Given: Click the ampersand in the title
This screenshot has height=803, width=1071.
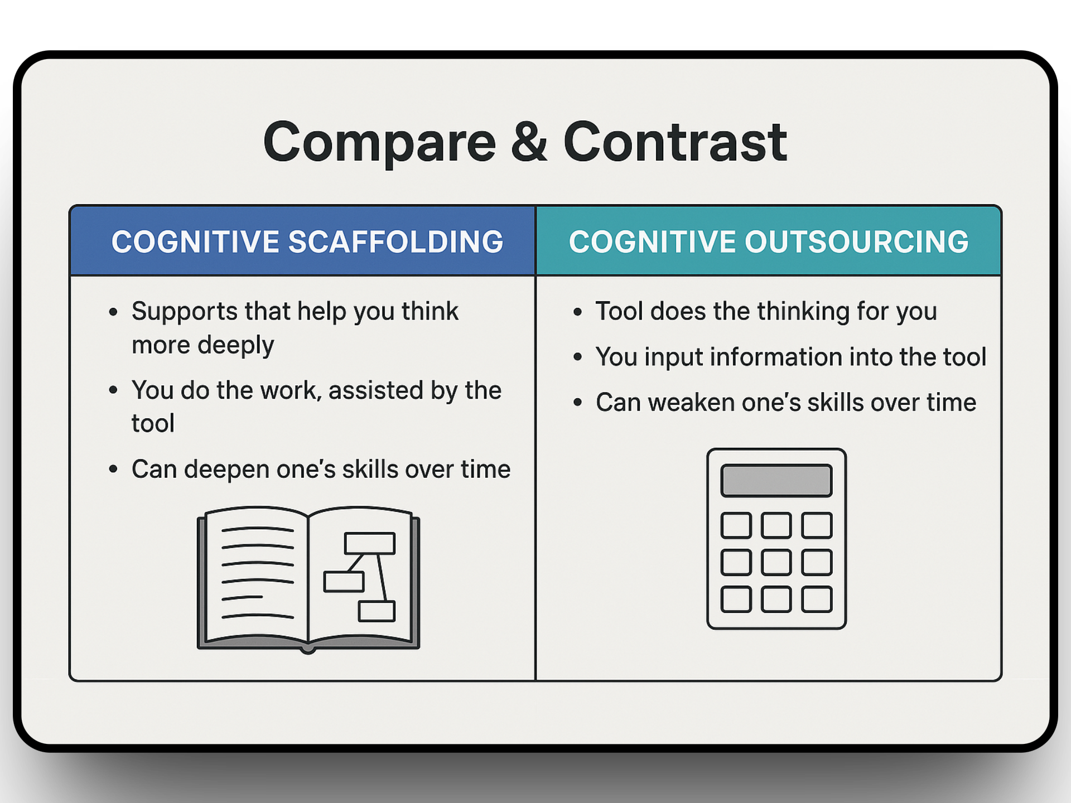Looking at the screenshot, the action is point(529,142).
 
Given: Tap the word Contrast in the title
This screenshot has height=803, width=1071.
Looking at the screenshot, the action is point(675,142).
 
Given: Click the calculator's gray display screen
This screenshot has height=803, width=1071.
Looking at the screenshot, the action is point(776,481).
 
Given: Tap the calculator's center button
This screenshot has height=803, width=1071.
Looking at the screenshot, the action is point(776,562).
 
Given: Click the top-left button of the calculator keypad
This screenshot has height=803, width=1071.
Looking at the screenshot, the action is point(736,525).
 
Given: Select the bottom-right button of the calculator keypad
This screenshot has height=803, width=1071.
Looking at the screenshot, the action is point(817,599).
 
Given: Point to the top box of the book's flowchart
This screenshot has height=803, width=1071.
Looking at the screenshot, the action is point(370,543).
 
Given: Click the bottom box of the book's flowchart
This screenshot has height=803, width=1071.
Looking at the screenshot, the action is point(377,611).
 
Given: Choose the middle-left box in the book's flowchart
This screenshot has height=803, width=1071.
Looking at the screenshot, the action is point(344,582).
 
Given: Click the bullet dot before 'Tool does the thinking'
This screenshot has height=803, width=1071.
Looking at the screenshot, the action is point(577,312).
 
